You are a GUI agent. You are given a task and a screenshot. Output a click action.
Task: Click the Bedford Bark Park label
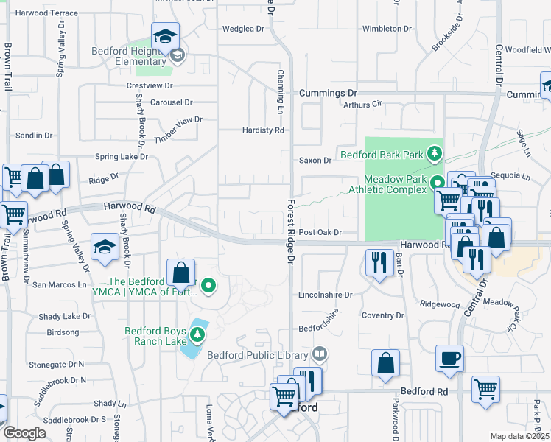click(x=381, y=155)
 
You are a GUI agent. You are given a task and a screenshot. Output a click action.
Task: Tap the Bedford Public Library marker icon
click(x=319, y=354)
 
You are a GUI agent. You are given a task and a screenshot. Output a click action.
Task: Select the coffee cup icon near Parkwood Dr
click(x=449, y=359)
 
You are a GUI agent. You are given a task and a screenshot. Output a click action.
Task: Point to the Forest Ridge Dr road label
click(x=291, y=232)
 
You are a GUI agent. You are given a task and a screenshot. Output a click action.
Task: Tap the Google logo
click(x=24, y=433)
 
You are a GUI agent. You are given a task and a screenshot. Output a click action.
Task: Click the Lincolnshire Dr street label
click(x=326, y=295)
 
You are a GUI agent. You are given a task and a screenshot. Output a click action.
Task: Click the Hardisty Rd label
click(x=263, y=130)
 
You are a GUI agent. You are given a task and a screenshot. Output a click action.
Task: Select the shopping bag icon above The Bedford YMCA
click(x=180, y=273)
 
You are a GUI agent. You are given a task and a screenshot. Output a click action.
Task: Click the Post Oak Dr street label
click(x=320, y=232)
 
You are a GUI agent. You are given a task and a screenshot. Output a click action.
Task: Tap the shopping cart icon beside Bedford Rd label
click(x=485, y=389)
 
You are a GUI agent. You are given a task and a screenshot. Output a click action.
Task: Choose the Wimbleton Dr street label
click(x=386, y=29)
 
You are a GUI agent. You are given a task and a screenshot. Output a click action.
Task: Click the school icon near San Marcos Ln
click(x=105, y=247)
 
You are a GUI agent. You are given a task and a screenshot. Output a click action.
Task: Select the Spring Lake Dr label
click(x=122, y=156)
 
